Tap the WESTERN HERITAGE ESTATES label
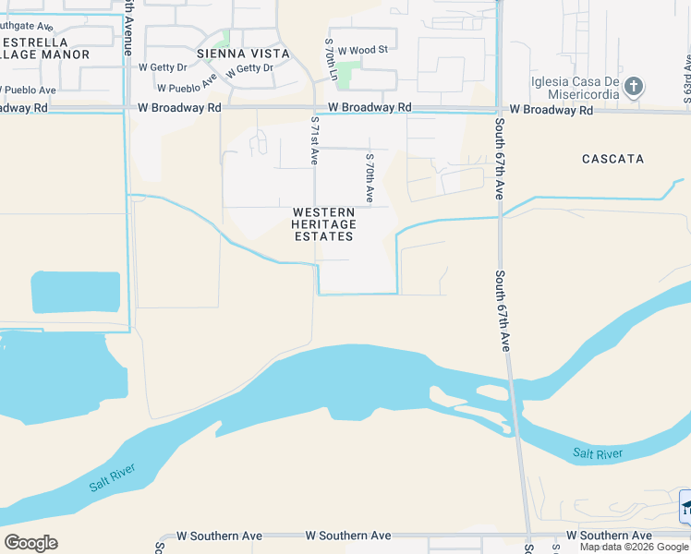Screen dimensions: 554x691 click(323, 224)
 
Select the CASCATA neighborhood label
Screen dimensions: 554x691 click(612, 159)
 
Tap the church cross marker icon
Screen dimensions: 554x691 click(633, 88)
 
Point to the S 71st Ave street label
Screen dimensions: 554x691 click(314, 140)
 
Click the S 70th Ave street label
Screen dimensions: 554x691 click(369, 177)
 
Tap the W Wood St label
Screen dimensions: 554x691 click(361, 51)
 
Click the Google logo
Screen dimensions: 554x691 click(30, 543)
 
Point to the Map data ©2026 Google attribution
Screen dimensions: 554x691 click(635, 547)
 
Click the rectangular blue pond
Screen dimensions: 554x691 click(76, 292)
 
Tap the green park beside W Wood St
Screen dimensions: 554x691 click(348, 74)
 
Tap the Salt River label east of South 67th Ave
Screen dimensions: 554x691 click(596, 452)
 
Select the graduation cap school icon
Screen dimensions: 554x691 click(685, 507)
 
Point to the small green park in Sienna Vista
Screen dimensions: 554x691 click(221, 39)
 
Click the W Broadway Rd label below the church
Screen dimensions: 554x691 click(551, 109)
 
